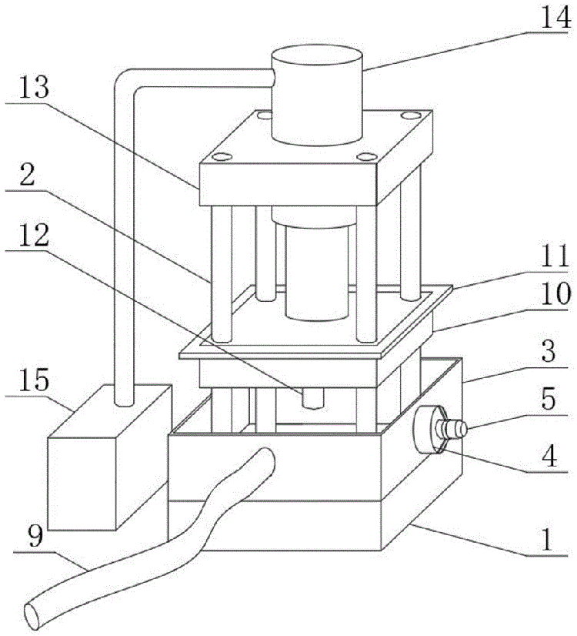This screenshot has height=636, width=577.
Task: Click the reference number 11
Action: click(552, 254)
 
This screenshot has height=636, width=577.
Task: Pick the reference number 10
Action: click(552, 293)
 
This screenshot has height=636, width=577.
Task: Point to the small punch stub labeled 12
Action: click(312, 397)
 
